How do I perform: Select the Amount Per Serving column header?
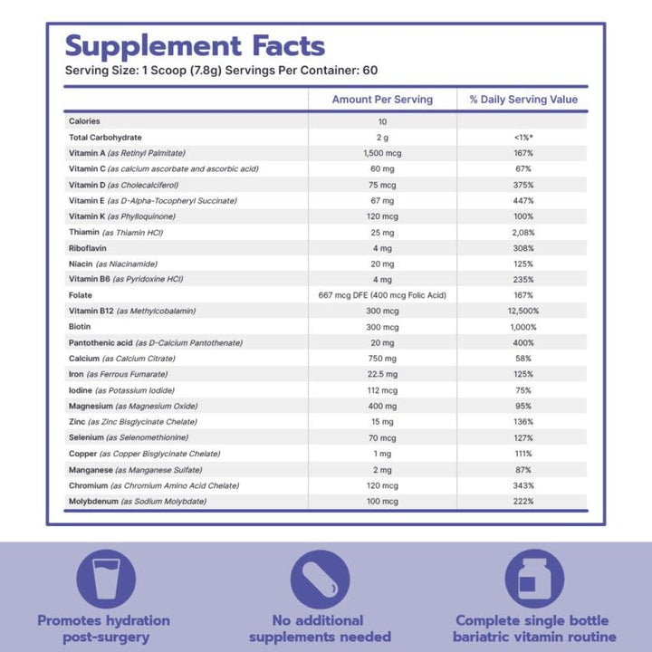pyautogui.click(x=382, y=100)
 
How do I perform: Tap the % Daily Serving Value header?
pyautogui.click(x=523, y=100)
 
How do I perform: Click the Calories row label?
pyautogui.click(x=84, y=121)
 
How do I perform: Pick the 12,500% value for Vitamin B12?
pyautogui.click(x=523, y=312)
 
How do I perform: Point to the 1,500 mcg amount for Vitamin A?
pyautogui.click(x=382, y=153)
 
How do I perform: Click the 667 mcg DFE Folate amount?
pyautogui.click(x=382, y=295)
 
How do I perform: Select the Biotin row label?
pyautogui.click(x=80, y=327)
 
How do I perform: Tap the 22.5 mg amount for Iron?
pyautogui.click(x=382, y=375)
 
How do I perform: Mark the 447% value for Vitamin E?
pyautogui.click(x=523, y=200)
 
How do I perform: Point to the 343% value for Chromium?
pyautogui.click(x=523, y=485)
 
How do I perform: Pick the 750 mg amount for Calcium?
pyautogui.click(x=382, y=359)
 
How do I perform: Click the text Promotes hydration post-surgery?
pyautogui.click(x=103, y=628)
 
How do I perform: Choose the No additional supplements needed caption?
pyautogui.click(x=319, y=628)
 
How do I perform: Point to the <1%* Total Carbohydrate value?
pyautogui.click(x=523, y=138)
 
